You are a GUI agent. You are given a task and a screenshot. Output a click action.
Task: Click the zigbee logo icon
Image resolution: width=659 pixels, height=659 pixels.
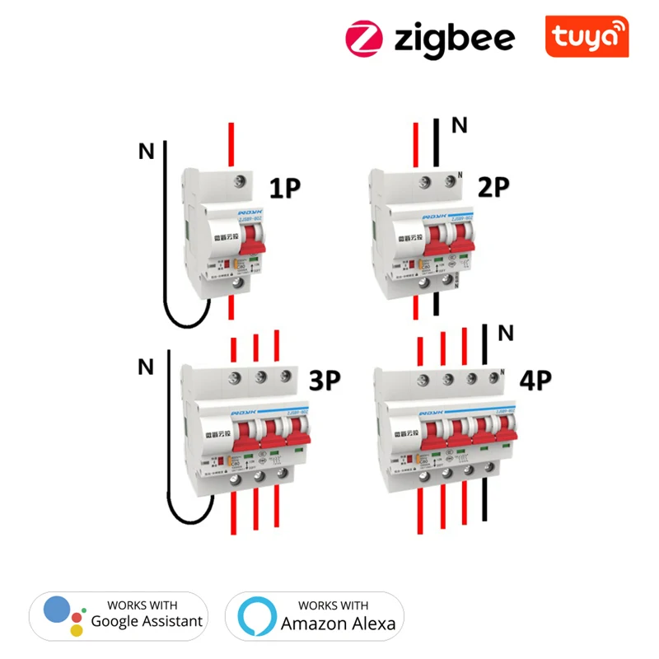pos(365,38)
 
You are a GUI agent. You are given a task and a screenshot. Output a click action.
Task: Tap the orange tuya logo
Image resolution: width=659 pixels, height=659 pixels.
pos(587,37)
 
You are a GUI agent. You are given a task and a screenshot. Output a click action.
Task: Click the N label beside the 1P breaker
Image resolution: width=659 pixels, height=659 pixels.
pos(146,152)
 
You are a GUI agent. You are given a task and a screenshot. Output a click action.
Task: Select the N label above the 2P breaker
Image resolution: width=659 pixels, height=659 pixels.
pos(460,125)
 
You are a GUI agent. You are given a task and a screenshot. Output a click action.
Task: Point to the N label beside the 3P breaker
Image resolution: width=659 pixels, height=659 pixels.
pos(146,367)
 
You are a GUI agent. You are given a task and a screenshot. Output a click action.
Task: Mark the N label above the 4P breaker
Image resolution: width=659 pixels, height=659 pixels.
pos(506,333)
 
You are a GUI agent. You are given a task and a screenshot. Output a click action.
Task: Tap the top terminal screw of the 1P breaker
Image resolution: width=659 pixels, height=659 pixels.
pos(241,183)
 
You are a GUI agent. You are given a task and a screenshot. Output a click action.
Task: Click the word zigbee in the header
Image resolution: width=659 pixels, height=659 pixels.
pos(454,38)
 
